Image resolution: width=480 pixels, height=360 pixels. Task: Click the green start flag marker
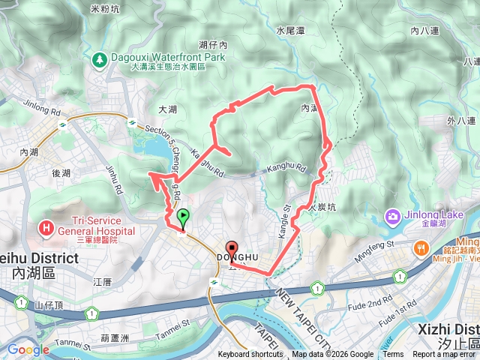click(183, 218)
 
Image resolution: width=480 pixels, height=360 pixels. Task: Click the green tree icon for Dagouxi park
click(99, 58)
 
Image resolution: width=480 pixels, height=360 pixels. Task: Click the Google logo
click(28, 349)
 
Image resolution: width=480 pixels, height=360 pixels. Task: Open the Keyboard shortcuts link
click(250, 355)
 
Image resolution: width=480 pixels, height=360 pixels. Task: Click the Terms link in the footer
click(393, 355)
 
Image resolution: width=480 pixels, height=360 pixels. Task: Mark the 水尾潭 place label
click(289, 31)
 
